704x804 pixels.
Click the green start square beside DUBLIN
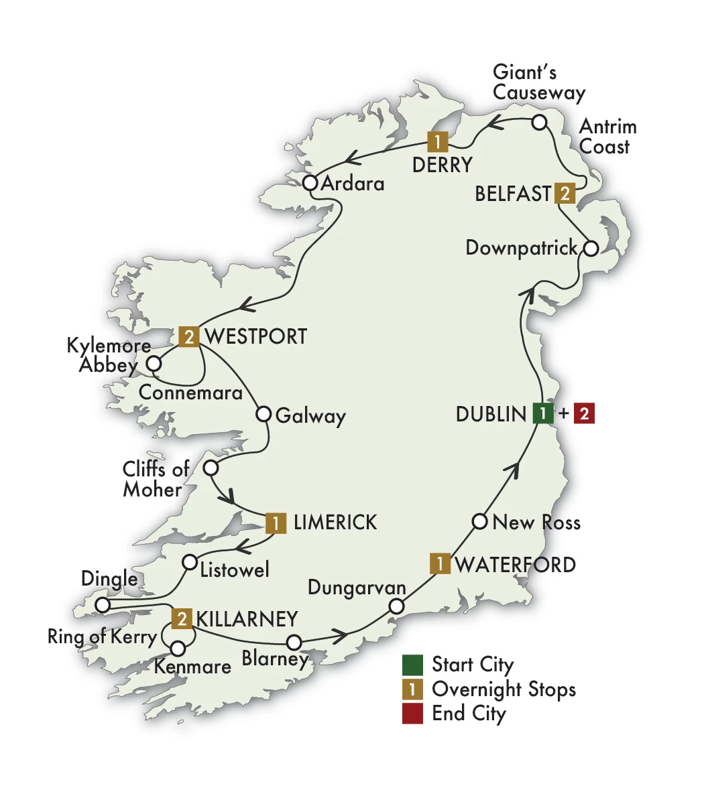coord(542,413)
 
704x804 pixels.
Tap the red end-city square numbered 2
coord(584,413)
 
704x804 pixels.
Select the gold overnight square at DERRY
coord(437,142)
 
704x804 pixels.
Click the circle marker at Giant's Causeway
coord(540,123)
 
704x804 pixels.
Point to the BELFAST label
coord(513,194)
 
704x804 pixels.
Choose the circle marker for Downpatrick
coord(590,249)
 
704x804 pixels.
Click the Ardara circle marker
coord(310,183)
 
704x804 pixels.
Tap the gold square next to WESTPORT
coord(190,336)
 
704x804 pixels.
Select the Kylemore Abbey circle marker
coord(154,364)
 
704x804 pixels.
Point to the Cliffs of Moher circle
coord(211,468)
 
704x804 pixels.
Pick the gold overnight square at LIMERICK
coord(276,523)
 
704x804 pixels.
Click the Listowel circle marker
coord(190,561)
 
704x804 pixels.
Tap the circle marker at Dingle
coord(102,605)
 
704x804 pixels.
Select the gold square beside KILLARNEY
coord(182,618)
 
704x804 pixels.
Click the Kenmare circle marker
coord(178,649)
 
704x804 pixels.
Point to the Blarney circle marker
coord(294,643)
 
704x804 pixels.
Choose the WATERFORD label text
coord(515,564)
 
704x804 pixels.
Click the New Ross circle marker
coord(479,521)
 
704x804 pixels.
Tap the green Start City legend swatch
coord(412,665)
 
